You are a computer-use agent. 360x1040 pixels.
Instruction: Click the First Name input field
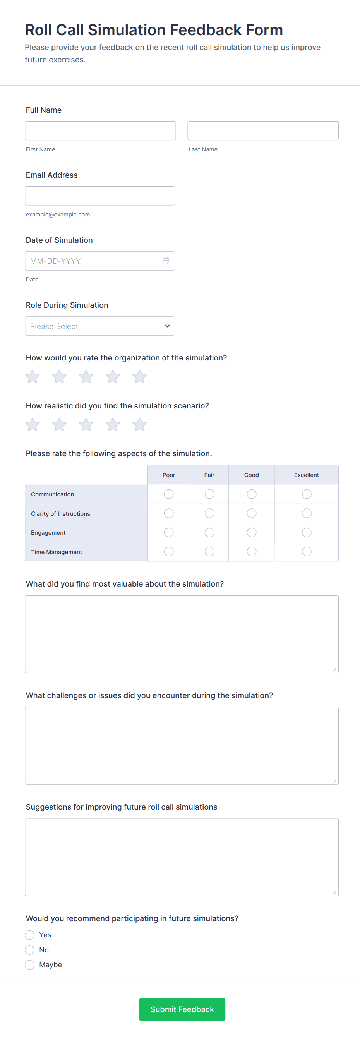click(100, 131)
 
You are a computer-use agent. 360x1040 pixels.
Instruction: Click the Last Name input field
click(263, 131)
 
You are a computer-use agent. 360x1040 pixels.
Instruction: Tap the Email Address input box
click(100, 196)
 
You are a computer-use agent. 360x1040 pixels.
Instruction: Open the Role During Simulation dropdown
click(100, 326)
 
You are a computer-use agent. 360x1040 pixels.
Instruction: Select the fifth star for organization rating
click(140, 377)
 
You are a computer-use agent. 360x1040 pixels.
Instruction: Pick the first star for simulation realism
click(32, 425)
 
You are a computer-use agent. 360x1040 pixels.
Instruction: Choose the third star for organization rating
click(86, 377)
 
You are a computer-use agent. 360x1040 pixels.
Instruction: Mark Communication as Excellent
click(306, 494)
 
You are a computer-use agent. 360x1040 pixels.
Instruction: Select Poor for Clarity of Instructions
click(169, 513)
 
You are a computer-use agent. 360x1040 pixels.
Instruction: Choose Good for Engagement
click(252, 532)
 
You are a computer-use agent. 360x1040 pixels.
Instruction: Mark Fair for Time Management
click(209, 551)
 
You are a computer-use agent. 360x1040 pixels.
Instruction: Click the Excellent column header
click(306, 475)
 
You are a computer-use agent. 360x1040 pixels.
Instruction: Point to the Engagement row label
click(48, 533)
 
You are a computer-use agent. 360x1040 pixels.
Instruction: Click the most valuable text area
click(182, 634)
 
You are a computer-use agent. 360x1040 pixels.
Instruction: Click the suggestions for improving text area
click(182, 857)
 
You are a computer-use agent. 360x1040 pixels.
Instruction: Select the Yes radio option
click(29, 935)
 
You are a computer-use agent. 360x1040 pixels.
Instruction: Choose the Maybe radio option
click(29, 965)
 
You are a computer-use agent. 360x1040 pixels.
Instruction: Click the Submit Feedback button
click(182, 1009)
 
